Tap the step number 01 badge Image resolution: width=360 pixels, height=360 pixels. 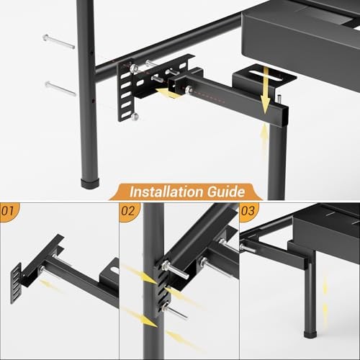[9, 211]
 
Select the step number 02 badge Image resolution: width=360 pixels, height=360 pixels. [128, 211]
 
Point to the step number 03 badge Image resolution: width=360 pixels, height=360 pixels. [248, 211]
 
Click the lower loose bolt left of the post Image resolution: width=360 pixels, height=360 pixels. [60, 89]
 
